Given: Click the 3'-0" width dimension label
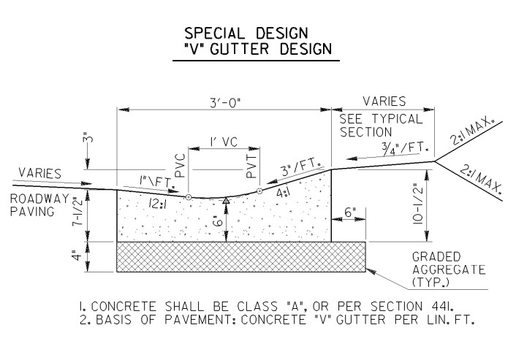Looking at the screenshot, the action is click(x=225, y=103).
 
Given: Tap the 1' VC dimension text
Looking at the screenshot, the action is click(x=224, y=142).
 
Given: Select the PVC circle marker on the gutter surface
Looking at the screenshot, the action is click(x=189, y=197).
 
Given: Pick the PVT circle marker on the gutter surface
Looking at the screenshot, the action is click(x=259, y=191).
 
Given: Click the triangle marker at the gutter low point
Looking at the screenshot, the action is click(x=226, y=200).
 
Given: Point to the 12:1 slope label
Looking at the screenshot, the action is click(x=158, y=204).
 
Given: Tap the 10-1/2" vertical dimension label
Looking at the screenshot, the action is click(x=417, y=204).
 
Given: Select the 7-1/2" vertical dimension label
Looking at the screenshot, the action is click(x=77, y=211).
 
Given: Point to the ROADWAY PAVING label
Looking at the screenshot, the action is click(x=39, y=205).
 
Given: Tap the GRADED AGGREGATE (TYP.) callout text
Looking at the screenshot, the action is click(x=449, y=269).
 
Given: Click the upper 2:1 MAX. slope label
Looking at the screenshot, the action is click(x=473, y=131).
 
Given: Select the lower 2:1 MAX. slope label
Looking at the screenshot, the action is click(x=480, y=179).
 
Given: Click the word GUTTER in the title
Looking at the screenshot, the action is click(x=239, y=49).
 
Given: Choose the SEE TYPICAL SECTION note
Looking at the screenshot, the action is click(x=381, y=126).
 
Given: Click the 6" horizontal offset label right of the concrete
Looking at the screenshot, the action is click(x=349, y=212).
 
